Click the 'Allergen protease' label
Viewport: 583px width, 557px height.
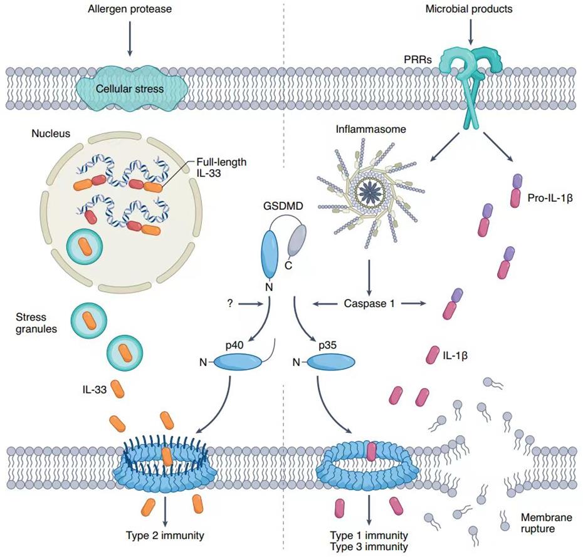130,9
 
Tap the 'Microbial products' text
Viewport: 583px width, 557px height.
469,9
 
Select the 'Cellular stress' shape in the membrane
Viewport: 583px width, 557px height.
130,88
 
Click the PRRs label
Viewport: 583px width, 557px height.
418,60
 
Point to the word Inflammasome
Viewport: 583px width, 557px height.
370,129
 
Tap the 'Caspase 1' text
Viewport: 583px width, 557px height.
369,304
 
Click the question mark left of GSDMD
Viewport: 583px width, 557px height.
230,304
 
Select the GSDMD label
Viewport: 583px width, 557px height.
283,206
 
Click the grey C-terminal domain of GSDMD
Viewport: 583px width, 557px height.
297,241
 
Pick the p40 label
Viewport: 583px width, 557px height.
234,345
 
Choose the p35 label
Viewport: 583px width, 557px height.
328,345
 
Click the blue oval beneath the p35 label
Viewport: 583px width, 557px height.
330,362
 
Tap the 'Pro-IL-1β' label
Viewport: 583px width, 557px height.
550,198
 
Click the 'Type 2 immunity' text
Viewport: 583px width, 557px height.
165,536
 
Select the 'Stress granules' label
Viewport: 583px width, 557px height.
36,323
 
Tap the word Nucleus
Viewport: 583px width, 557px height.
51,133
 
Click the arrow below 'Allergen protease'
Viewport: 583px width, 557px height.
130,39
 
